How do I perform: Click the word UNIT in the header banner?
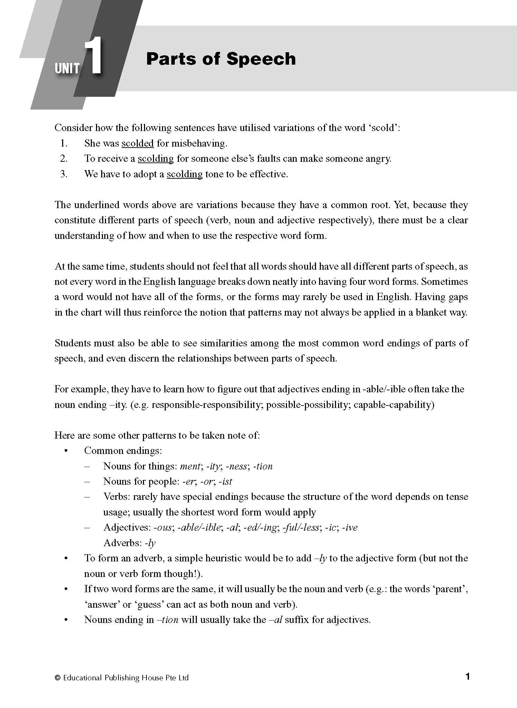[x=67, y=68]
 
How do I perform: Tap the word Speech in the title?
[x=261, y=59]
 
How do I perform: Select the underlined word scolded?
[x=137, y=143]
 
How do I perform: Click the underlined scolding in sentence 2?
[x=155, y=159]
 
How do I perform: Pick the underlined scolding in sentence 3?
[x=184, y=174]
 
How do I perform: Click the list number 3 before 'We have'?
[x=64, y=174]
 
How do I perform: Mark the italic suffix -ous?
[x=162, y=527]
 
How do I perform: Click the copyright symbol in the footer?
[x=57, y=678]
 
